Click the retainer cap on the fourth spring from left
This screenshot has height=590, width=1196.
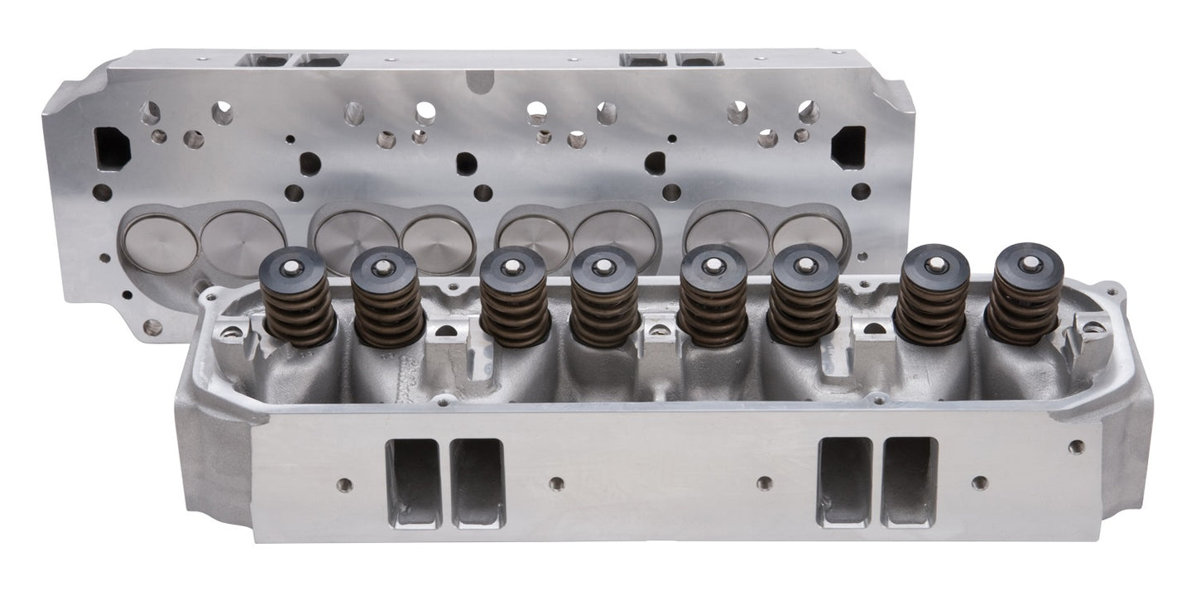[x=604, y=269]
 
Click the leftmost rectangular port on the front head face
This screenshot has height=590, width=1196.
[x=413, y=482]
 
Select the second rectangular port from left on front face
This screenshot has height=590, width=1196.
[x=477, y=482]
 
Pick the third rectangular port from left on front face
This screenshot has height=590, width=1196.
[x=844, y=482]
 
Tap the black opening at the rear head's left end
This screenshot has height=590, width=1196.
[x=113, y=148]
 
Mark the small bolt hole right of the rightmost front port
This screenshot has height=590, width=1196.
[x=980, y=482]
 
